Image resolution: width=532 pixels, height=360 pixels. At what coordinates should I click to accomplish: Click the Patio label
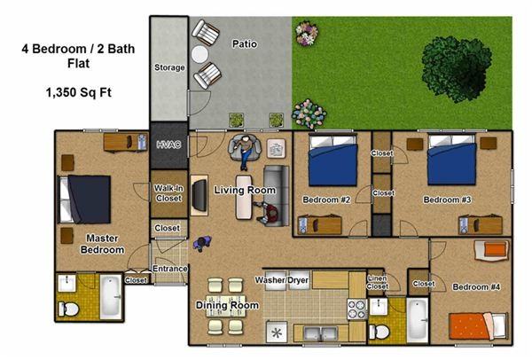245,44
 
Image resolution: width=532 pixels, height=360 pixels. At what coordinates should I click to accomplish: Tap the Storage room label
169,67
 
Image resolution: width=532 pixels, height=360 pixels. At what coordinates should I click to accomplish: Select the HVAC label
168,145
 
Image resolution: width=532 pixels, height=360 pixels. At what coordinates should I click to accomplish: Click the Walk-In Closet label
168,193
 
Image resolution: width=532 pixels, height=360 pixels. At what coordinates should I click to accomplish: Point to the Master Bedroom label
102,244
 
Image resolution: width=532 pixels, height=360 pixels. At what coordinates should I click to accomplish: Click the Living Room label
245,190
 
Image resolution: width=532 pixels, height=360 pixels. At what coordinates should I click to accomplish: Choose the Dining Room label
227,305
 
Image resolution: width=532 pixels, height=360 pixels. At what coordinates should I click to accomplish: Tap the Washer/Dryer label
282,280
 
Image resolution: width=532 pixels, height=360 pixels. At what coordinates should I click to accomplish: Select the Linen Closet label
378,282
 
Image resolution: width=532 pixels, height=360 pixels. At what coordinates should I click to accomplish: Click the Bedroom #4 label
476,287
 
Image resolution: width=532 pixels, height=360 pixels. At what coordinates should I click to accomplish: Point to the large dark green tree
457,69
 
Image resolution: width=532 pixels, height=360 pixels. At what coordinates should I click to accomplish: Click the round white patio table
199,54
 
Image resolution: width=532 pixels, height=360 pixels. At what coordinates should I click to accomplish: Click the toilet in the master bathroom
68,309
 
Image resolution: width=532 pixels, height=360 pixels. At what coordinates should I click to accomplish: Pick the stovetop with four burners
357,309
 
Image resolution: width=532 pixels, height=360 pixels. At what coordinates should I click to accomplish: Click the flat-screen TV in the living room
199,195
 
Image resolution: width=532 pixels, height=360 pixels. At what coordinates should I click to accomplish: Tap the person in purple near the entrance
202,243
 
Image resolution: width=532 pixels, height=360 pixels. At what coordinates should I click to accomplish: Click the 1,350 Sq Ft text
79,92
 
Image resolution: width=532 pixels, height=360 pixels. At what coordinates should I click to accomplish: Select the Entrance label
169,269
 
